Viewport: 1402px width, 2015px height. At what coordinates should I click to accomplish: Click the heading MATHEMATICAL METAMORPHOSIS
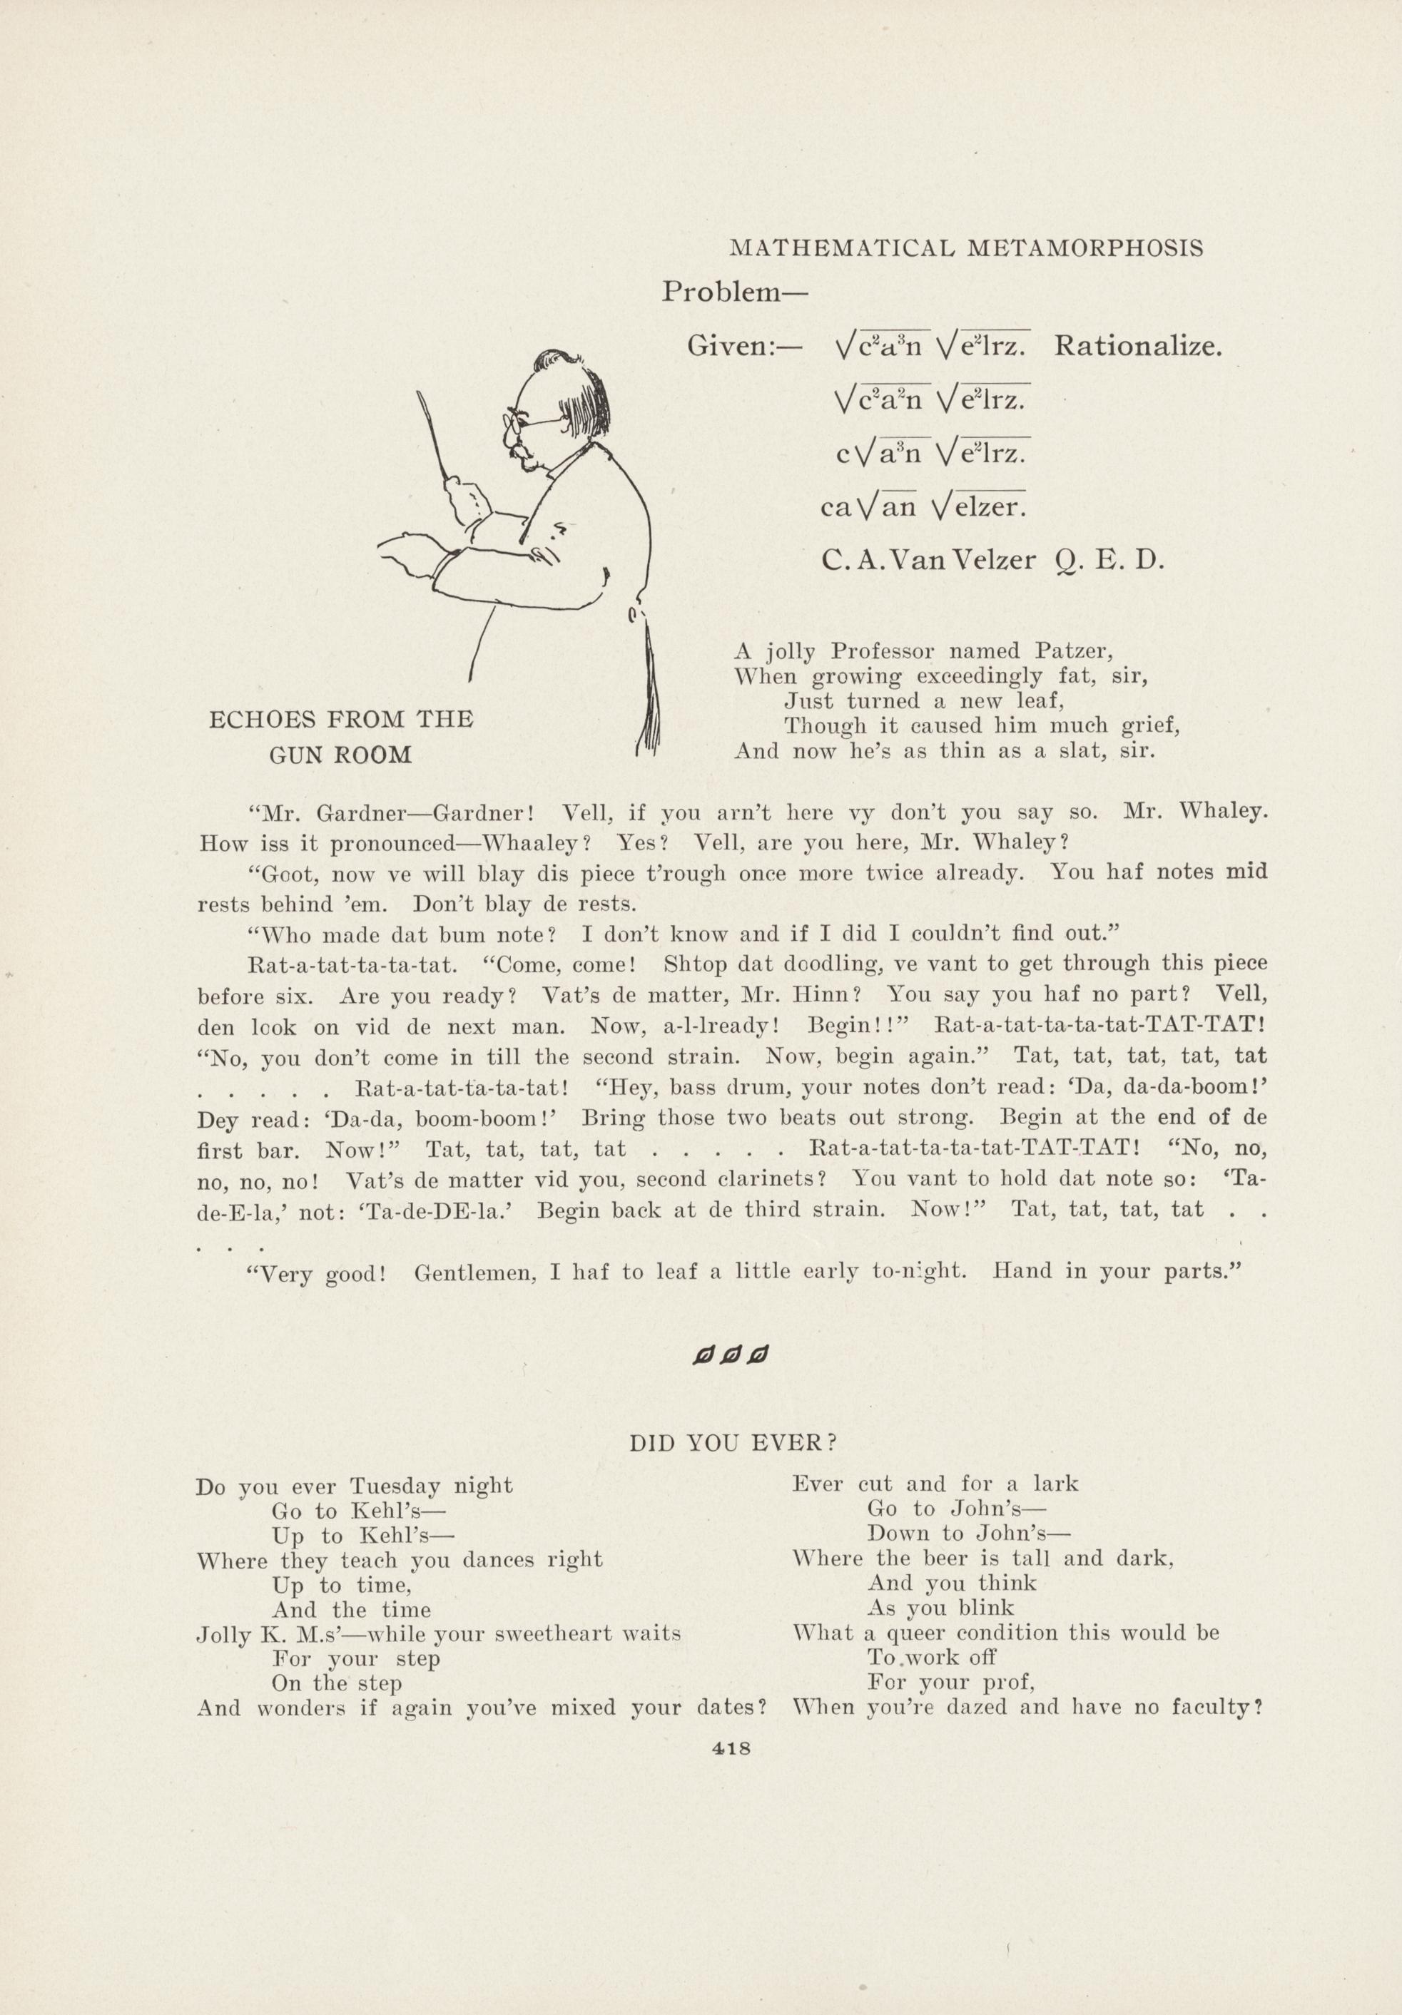pos(967,248)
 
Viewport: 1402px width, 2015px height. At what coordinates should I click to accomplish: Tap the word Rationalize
pos(1138,347)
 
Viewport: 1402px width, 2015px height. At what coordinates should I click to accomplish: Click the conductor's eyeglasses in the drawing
pos(531,424)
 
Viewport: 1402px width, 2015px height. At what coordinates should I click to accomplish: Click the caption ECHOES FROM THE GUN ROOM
pos(340,738)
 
